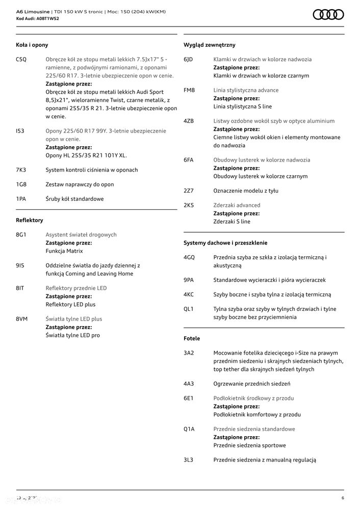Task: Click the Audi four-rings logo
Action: tap(328, 15)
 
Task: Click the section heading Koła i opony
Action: tap(32, 45)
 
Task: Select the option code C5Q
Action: tap(21, 60)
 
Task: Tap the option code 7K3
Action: tap(21, 170)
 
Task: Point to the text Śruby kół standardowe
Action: tap(74, 199)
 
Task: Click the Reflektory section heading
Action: tap(30, 221)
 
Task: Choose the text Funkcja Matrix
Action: tap(64, 251)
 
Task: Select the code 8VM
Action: tap(22, 319)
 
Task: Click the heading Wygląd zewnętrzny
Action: tap(210, 45)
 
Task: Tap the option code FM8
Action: tap(189, 90)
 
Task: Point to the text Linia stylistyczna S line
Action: tap(243, 107)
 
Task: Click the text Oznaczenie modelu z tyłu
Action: tap(246, 191)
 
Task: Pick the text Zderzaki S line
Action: tap(232, 222)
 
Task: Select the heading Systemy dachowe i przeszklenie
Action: tap(225, 243)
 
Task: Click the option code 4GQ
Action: tap(189, 258)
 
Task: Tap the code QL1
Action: tap(189, 309)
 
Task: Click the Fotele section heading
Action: tap(192, 338)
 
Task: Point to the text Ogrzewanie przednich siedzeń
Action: tap(252, 384)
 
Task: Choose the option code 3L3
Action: tap(189, 460)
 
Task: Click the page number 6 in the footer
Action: tap(343, 498)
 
